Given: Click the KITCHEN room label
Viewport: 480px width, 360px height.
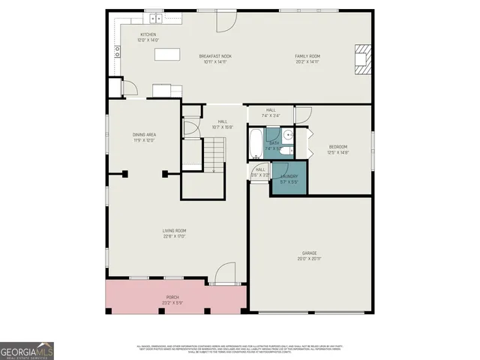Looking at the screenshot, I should click(148, 34).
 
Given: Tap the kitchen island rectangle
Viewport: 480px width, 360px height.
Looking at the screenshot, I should click(168, 54).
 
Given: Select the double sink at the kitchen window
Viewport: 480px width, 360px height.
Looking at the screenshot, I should click(155, 17).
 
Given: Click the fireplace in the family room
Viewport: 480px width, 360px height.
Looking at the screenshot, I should click(362, 59).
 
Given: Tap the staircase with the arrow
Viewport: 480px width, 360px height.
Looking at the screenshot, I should click(214, 157).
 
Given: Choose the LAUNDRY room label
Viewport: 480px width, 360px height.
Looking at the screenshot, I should click(289, 176).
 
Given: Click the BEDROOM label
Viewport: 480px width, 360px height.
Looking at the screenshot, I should click(339, 147).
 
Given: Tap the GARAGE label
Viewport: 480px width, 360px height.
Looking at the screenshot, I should click(309, 253).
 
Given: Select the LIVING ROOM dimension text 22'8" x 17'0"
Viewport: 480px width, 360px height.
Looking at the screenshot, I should click(174, 236).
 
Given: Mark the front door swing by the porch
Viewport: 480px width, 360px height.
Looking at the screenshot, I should click(225, 272).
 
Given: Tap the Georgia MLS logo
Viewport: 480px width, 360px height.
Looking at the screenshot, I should click(27, 350).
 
